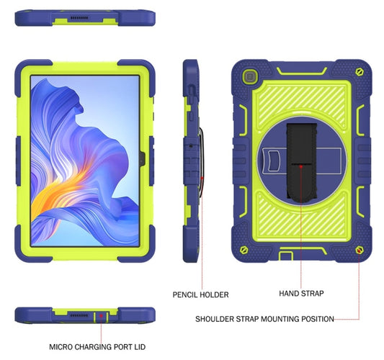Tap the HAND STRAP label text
[300, 294]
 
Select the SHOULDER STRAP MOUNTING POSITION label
[265, 318]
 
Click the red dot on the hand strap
[295, 165]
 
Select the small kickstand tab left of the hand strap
[273, 156]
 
